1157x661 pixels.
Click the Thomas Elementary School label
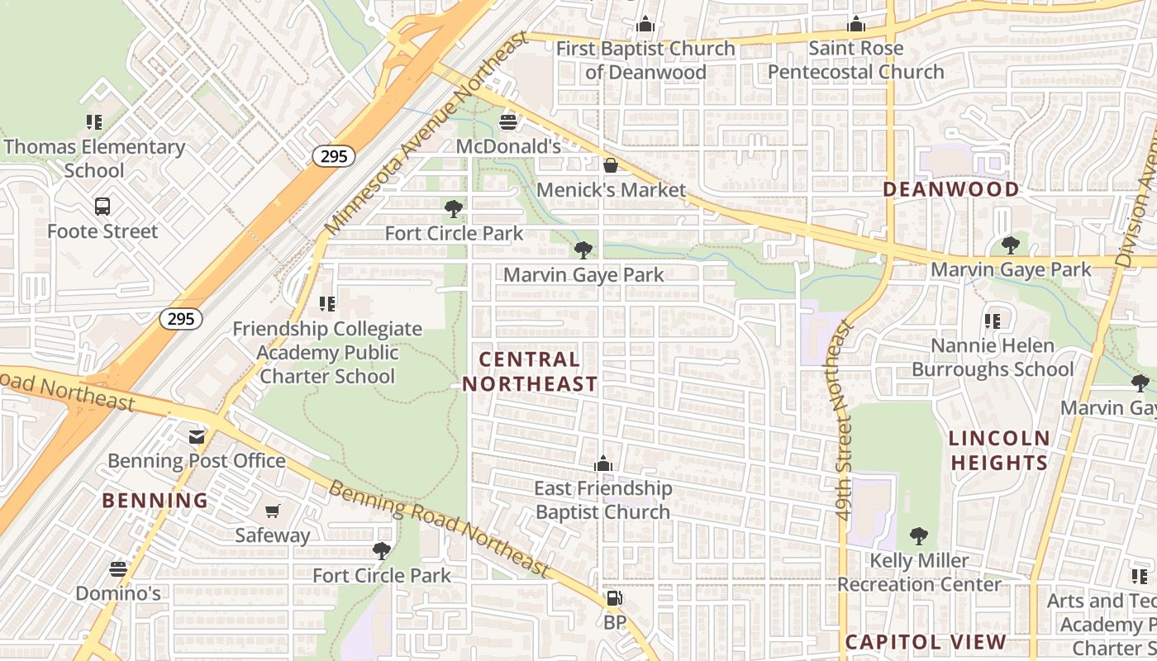coord(94,159)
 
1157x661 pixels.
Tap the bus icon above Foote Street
coord(102,207)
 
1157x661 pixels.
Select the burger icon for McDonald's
coord(508,123)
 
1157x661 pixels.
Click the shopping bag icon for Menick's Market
coord(611,166)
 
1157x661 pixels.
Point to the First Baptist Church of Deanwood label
coord(645,60)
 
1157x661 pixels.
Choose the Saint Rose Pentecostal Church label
coord(855,60)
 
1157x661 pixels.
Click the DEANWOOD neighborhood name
coord(950,189)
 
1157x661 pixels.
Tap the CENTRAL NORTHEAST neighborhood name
coord(530,372)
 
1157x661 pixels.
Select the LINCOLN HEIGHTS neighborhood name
coord(999,450)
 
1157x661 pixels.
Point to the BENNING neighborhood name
coord(155,501)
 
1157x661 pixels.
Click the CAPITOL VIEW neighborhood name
coord(926,642)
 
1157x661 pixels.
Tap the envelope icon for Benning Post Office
coord(197,436)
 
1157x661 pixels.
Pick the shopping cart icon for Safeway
coord(273,511)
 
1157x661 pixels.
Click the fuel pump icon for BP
coord(614,598)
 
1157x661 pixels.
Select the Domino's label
coord(118,593)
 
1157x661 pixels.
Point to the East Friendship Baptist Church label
coord(603,500)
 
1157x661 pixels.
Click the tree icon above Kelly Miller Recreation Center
coord(918,536)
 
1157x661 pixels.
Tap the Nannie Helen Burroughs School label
coord(993,357)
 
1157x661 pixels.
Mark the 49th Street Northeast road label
coord(843,421)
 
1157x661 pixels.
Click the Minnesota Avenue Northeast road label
coord(426,132)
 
